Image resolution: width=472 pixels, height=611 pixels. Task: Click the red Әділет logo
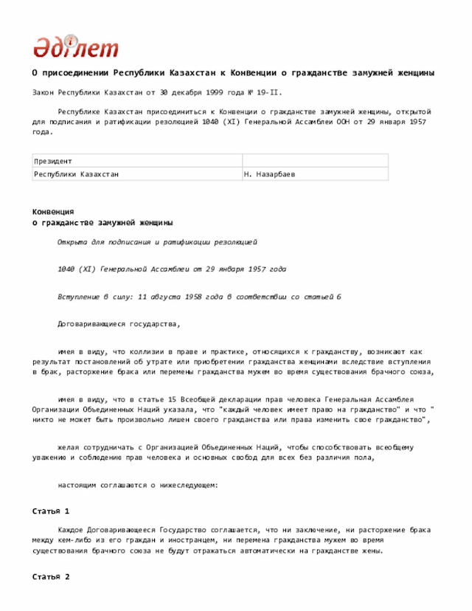(75, 47)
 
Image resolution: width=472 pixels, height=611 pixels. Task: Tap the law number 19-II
(268, 93)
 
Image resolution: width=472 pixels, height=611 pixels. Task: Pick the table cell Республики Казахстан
(77, 174)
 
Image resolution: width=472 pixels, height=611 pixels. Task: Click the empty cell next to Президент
(315, 160)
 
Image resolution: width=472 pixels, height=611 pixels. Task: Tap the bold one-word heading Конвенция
(53, 212)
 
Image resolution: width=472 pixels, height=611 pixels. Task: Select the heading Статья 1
(51, 511)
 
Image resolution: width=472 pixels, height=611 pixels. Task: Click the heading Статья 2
(51, 576)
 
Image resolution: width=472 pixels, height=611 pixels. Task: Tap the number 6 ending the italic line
(339, 297)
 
